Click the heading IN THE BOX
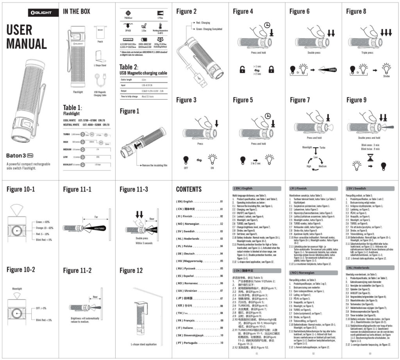77,12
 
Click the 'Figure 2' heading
186,12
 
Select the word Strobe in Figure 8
386,76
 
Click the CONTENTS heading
189,190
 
